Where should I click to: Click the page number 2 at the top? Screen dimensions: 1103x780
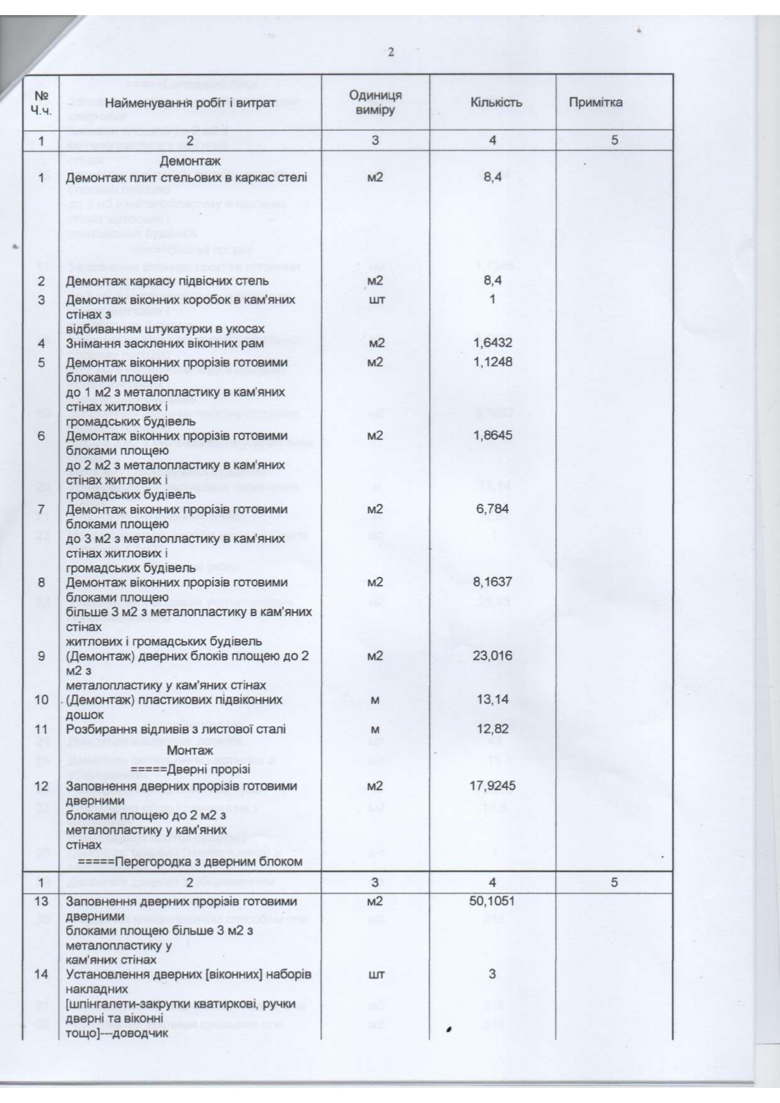(391, 52)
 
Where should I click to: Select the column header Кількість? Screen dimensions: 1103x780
(496, 102)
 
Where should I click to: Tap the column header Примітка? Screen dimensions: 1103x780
(595, 102)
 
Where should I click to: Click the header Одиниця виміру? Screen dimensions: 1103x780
(375, 102)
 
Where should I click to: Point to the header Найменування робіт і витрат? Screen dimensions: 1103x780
(190, 103)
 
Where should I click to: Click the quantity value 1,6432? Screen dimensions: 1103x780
(493, 343)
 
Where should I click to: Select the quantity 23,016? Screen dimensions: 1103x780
(493, 656)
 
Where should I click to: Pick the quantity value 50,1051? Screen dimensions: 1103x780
(492, 901)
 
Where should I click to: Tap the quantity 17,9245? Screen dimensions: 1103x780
(493, 786)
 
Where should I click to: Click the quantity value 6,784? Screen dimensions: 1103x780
(493, 509)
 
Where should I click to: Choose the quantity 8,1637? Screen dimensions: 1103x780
(493, 583)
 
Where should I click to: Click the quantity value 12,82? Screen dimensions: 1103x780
(493, 730)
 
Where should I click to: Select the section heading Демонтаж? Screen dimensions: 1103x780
(190, 162)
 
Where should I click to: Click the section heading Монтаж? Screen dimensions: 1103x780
(190, 750)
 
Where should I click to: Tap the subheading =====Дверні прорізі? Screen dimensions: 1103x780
(190, 770)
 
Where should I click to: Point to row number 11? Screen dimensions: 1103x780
(42, 730)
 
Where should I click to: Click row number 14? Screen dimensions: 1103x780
(42, 974)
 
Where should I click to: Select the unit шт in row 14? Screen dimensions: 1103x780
(376, 975)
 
